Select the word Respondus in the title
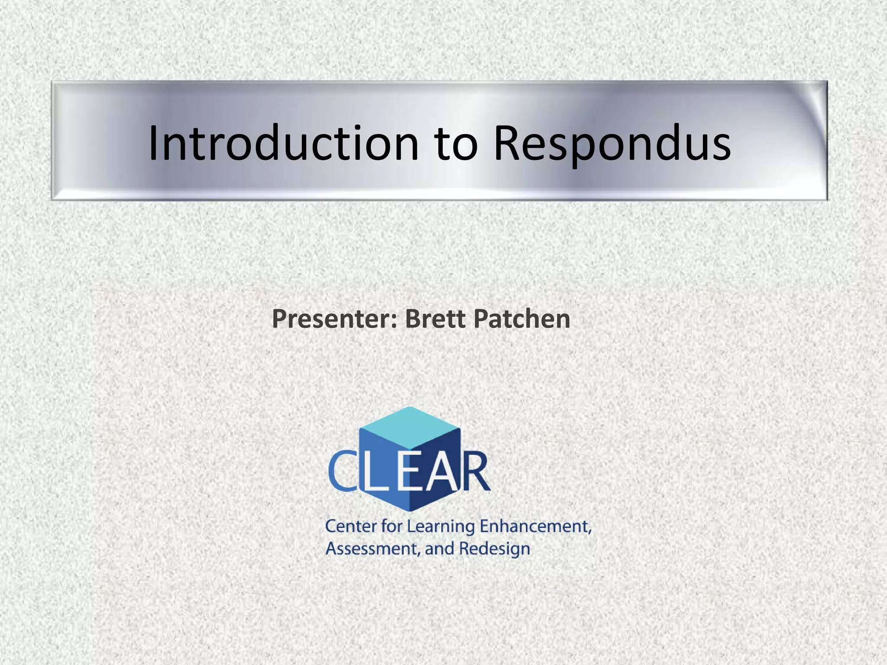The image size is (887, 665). point(612,144)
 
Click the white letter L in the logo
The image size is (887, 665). point(375,472)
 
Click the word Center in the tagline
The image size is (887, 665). point(351,526)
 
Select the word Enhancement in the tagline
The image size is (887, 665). point(535,526)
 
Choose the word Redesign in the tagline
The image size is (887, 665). point(494,549)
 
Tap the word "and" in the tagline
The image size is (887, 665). point(439,549)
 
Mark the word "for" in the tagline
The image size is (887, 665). point(392,526)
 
